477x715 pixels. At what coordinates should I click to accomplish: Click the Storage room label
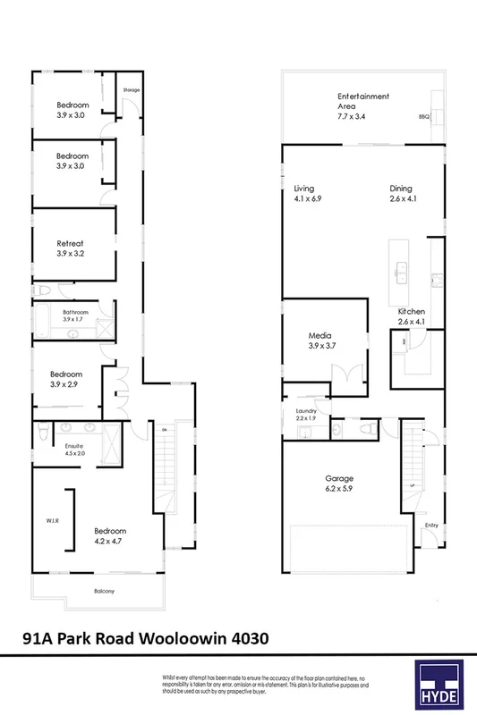pos(132,89)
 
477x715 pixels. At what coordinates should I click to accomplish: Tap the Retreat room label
pos(72,243)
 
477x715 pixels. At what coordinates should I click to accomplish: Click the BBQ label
pos(424,117)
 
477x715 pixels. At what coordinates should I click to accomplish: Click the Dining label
pos(400,189)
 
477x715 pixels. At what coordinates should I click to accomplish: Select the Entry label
pos(431,526)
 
